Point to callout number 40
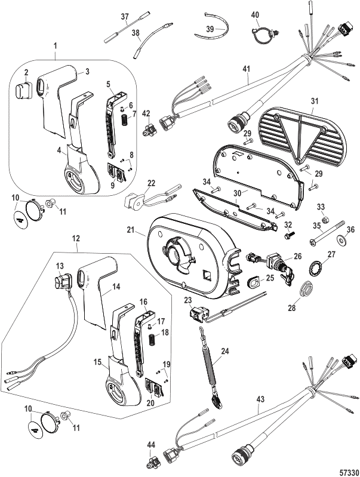[x=255, y=14]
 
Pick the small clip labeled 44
[x=154, y=460]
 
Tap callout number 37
[x=125, y=16]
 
